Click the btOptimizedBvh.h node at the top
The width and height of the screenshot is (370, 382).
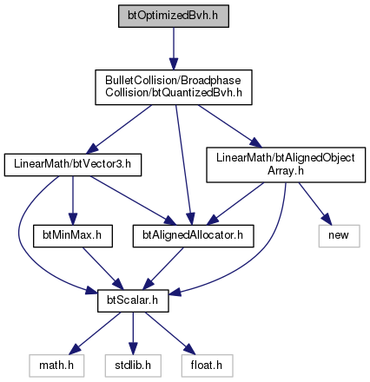(174, 16)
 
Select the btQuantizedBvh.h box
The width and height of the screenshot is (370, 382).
(174, 87)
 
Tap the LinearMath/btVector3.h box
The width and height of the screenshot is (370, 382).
(73, 165)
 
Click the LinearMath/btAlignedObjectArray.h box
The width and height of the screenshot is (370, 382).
(286, 165)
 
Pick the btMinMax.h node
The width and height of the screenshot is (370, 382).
(73, 236)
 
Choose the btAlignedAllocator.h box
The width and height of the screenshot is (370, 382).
(193, 236)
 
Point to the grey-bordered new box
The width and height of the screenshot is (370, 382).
(339, 236)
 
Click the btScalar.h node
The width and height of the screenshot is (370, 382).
(133, 300)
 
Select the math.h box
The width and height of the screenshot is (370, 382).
(56, 366)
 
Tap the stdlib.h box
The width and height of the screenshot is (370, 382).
(133, 366)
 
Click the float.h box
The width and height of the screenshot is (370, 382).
(207, 366)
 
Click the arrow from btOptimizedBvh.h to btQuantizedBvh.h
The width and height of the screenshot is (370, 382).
(174, 49)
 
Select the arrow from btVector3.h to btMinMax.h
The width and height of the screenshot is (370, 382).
(73, 201)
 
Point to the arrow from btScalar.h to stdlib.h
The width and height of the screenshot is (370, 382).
(133, 333)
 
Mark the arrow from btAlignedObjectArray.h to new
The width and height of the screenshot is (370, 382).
(314, 203)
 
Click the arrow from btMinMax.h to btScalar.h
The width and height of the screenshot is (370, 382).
(102, 268)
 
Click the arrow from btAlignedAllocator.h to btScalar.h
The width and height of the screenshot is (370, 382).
(163, 268)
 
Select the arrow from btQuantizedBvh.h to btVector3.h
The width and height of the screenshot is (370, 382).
(119, 129)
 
